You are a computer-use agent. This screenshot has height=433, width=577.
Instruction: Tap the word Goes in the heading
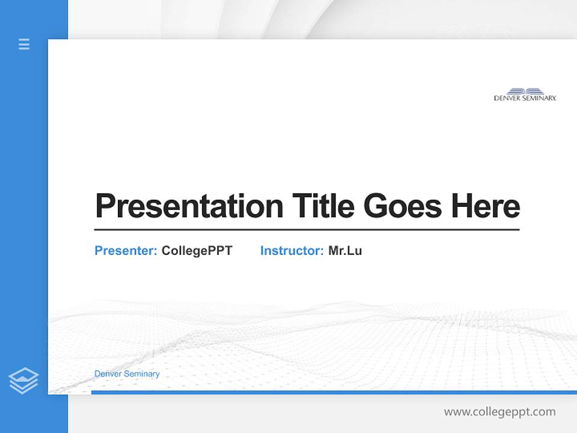(403, 206)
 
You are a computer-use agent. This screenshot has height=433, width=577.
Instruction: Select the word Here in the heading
(486, 206)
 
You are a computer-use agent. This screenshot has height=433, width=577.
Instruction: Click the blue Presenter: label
(126, 251)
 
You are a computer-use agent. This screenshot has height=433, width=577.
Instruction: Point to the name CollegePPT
(197, 251)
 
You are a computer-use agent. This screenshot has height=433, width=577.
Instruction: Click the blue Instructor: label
(292, 251)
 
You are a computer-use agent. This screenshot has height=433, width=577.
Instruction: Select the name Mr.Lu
(345, 251)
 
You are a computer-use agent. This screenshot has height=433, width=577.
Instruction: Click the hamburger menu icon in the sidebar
(24, 44)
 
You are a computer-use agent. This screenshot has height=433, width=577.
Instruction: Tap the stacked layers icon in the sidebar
(23, 381)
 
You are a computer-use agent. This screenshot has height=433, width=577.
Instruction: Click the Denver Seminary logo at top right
(525, 94)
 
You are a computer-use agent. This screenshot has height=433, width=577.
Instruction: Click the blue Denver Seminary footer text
(127, 374)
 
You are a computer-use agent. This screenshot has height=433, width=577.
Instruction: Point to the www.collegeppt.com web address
(499, 412)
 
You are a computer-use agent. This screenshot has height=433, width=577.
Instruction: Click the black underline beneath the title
(307, 229)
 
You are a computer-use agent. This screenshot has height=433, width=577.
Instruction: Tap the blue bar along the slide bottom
(334, 392)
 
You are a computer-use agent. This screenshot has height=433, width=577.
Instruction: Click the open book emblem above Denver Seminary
(525, 91)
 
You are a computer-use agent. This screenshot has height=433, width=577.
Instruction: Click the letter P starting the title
(104, 206)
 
